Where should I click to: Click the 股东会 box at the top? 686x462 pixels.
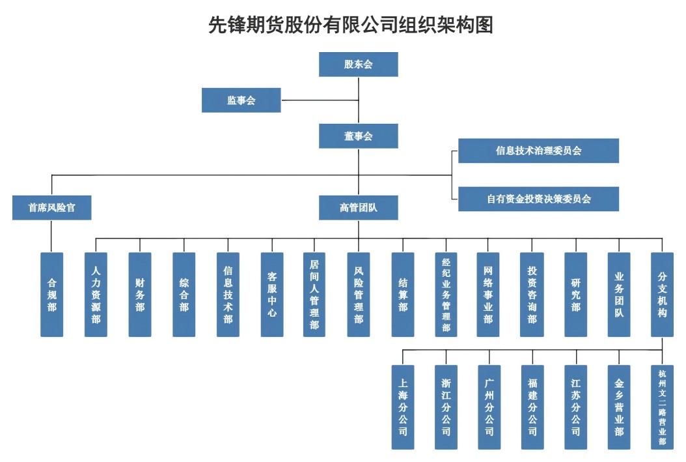358,65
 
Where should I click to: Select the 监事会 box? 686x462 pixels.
241,100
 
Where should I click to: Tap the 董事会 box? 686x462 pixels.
358,136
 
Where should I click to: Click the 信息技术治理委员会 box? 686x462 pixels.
538,151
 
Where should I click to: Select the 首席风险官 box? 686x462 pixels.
51,207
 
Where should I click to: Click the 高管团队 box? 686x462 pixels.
358,207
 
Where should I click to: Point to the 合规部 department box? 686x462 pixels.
51,295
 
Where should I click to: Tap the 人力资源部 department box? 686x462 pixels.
96,295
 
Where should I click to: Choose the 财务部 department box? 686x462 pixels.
140,295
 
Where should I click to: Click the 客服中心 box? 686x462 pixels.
272,295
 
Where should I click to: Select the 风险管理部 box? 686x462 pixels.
358,295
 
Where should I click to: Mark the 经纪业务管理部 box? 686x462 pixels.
446,295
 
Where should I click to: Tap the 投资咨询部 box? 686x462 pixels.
532,295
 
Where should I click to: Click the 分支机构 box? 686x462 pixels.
662,295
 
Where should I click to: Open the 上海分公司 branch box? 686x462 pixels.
402,407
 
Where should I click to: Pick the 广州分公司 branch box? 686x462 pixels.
489,407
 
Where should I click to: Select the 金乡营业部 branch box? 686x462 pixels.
618,407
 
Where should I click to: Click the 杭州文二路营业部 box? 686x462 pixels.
662,407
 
